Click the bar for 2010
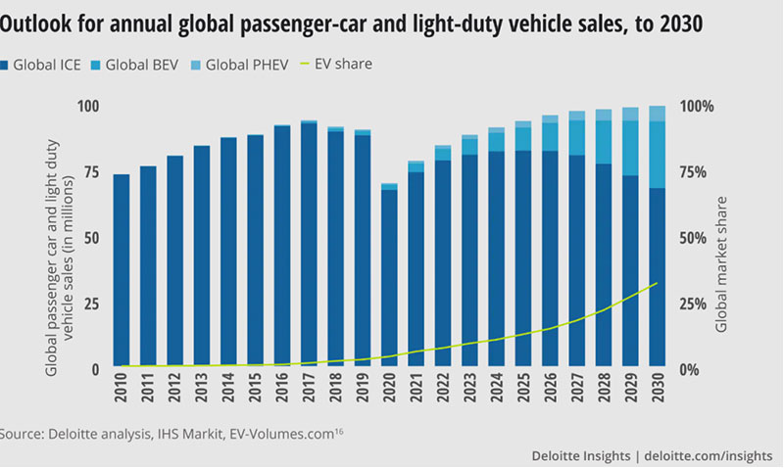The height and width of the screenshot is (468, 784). tap(122, 271)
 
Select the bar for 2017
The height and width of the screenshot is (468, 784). tap(309, 245)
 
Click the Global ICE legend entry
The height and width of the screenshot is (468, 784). tap(50, 65)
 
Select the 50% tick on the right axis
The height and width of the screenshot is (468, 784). tap(699, 238)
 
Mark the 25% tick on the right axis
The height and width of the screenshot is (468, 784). tap(699, 304)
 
